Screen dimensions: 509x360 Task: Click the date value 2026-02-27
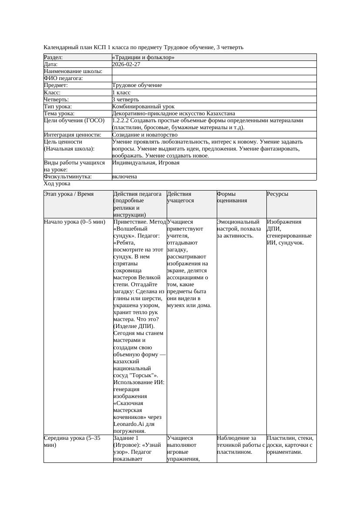126,64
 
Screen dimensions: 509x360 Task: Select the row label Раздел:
54,57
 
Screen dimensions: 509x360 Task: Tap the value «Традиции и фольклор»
143,57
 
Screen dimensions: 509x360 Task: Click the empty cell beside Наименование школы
214,71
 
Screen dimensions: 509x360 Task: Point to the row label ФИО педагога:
64,78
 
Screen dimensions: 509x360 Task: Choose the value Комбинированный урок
143,106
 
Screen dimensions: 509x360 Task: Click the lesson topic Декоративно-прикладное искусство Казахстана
173,114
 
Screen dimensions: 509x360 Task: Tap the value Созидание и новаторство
145,135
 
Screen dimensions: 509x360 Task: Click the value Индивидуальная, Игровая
146,163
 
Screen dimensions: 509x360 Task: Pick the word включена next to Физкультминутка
124,177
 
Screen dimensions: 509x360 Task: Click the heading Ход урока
57,184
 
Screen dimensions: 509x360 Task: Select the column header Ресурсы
278,194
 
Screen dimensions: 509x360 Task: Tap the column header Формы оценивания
232,197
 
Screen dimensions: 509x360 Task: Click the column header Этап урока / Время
69,194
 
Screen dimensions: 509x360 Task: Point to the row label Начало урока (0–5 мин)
74,222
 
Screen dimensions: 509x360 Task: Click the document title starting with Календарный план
144,47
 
